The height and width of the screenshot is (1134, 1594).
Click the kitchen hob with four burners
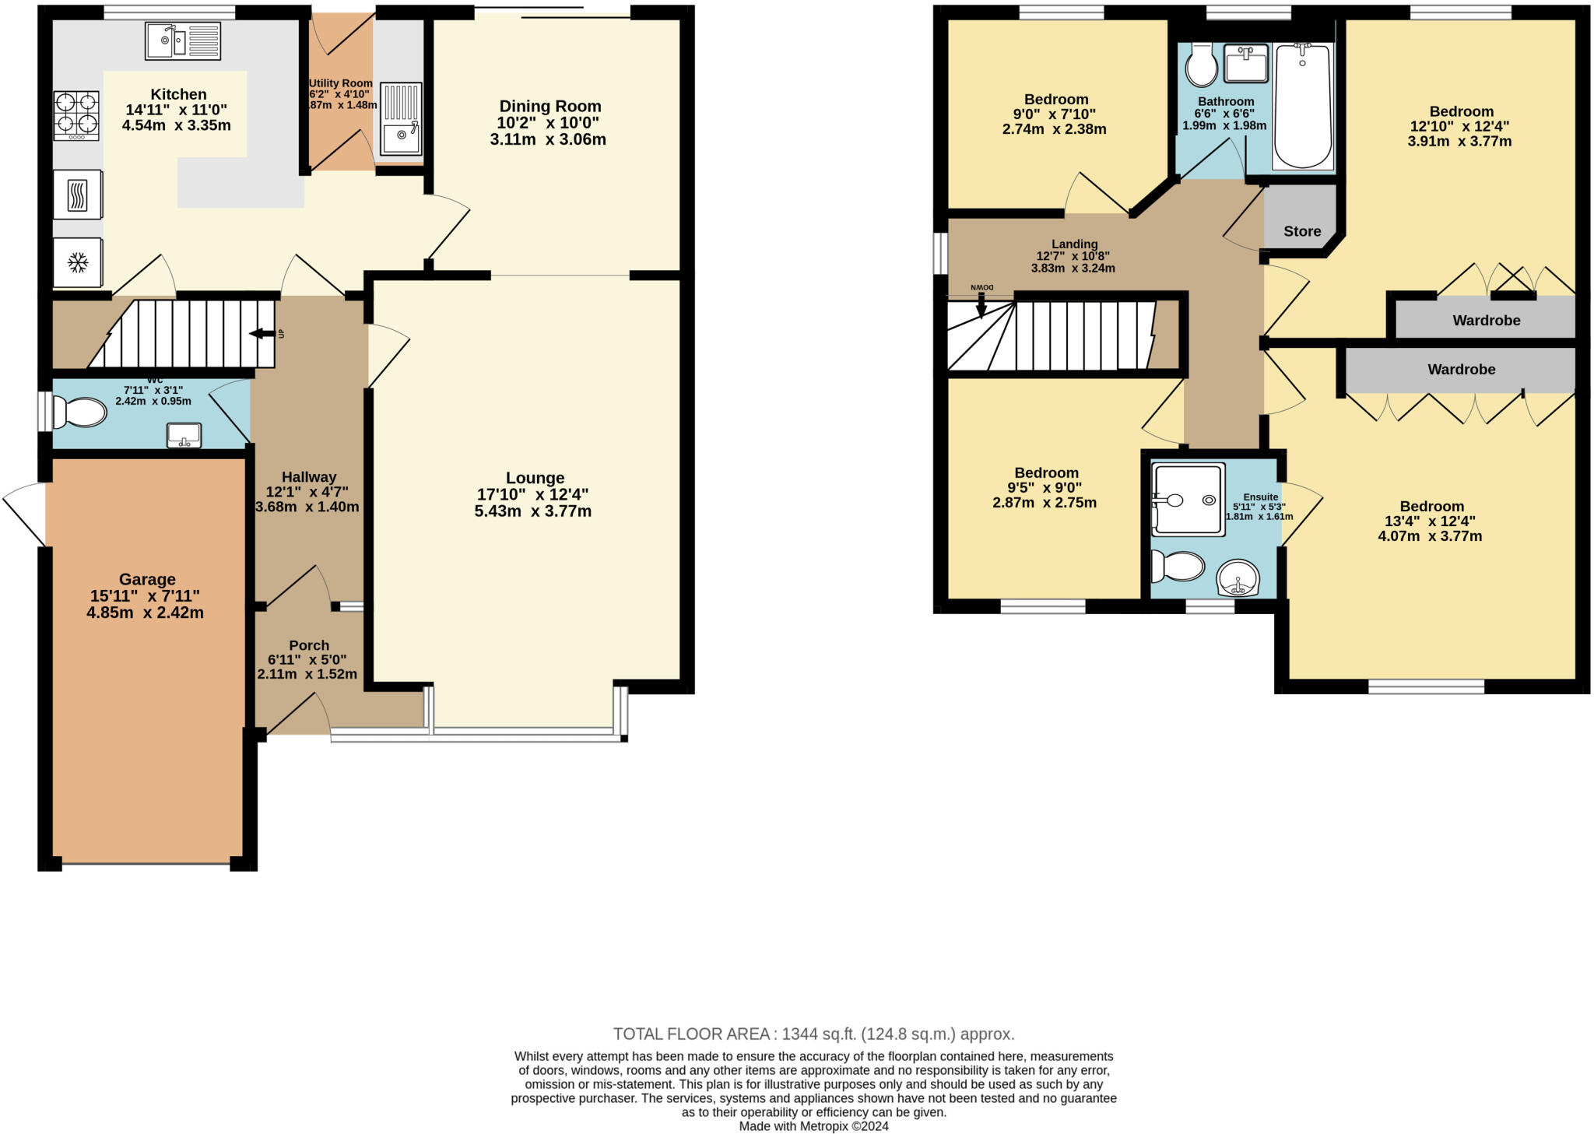point(76,115)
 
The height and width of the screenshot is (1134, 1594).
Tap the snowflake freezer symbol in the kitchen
point(77,262)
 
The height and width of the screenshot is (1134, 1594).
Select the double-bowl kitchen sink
point(183,40)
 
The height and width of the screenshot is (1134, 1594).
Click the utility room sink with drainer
point(401,119)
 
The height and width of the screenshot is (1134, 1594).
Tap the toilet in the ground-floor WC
point(80,413)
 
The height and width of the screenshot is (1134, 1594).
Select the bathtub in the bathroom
point(1302,107)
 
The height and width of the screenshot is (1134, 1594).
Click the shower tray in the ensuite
point(1188,500)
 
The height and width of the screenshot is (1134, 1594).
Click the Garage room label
point(147,579)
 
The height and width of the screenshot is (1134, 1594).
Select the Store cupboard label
point(1302,231)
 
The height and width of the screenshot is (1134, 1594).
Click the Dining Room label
point(550,106)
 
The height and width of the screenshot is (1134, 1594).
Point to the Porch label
point(309,645)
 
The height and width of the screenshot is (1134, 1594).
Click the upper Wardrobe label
point(1486,320)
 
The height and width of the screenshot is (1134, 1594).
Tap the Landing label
point(1074,244)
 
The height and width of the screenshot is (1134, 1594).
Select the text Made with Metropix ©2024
point(813,1126)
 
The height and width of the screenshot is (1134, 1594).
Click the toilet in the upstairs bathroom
point(1202,65)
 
